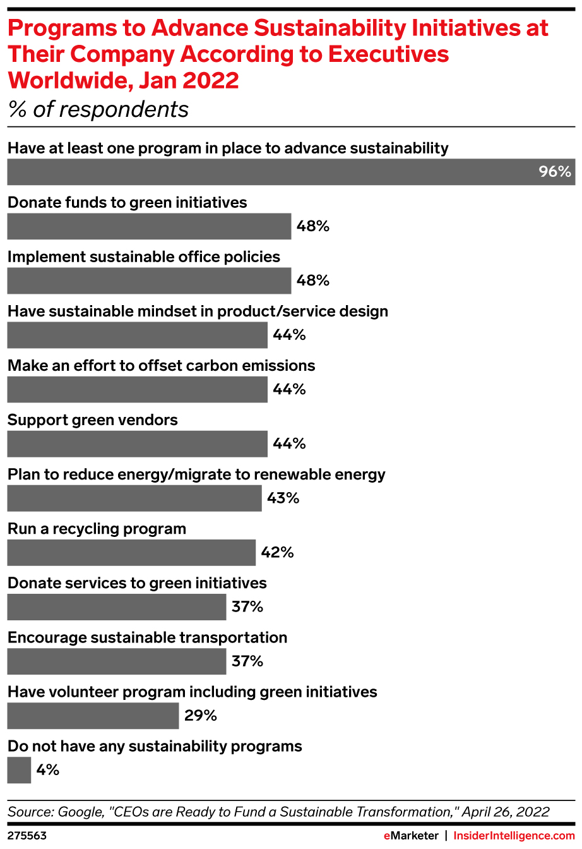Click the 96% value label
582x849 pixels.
pyautogui.click(x=554, y=172)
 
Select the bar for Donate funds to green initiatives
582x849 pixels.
pyautogui.click(x=149, y=226)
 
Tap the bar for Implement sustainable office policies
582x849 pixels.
pyautogui.click(x=149, y=280)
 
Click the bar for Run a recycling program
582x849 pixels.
pyautogui.click(x=131, y=553)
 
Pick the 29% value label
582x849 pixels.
pyautogui.click(x=201, y=716)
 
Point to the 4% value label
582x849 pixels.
pyautogui.click(x=48, y=770)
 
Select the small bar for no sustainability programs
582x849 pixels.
pyautogui.click(x=19, y=770)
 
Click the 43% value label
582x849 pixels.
pyautogui.click(x=283, y=498)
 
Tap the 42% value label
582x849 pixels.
pyautogui.click(x=278, y=553)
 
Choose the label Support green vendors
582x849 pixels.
pyautogui.click(x=93, y=420)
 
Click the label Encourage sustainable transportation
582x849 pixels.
pyautogui.click(x=147, y=637)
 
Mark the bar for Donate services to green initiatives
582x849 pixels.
pyautogui.click(x=117, y=607)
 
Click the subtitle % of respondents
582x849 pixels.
pyautogui.click(x=98, y=109)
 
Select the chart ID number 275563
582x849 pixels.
pyautogui.click(x=27, y=836)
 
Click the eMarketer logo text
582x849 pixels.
pyautogui.click(x=411, y=836)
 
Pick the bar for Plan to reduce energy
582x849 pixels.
pyautogui.click(x=134, y=498)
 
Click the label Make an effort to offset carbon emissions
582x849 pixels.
pyautogui.click(x=162, y=366)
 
